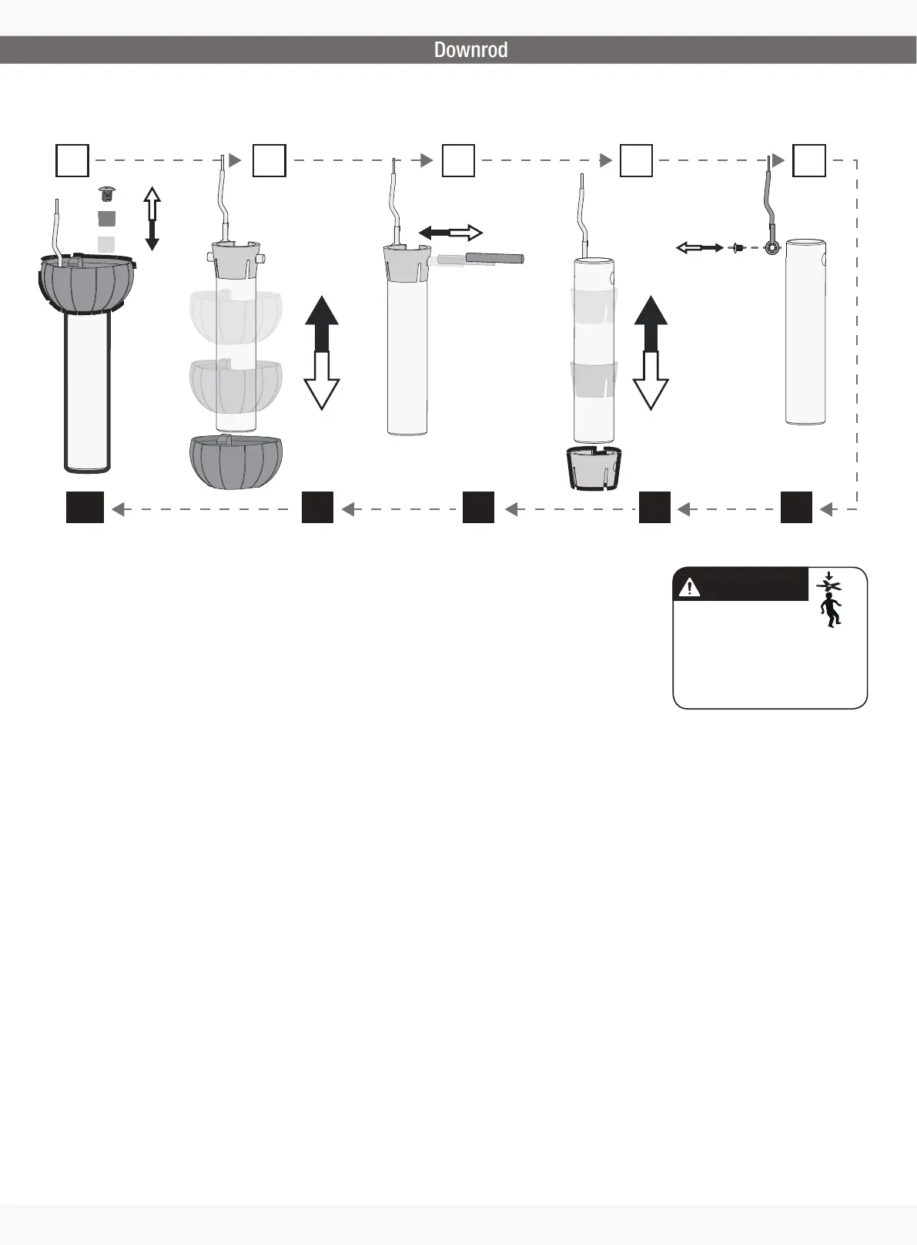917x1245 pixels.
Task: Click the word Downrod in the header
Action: click(470, 50)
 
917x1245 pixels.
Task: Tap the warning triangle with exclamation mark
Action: click(688, 587)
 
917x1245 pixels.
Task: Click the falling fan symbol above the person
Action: click(828, 583)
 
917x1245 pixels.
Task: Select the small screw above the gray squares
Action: click(108, 193)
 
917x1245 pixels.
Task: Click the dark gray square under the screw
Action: click(107, 218)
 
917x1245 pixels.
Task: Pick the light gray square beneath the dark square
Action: click(106, 244)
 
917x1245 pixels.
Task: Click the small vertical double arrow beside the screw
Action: click(152, 218)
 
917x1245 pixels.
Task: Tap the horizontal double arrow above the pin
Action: click(450, 233)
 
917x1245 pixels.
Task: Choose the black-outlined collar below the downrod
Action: click(594, 467)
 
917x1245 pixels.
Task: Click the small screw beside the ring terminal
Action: click(737, 248)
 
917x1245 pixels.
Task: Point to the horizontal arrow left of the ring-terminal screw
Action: click(699, 247)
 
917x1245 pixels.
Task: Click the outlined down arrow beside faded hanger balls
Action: click(322, 381)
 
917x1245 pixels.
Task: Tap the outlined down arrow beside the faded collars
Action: click(651, 381)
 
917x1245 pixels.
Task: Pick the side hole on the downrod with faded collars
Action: click(612, 277)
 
